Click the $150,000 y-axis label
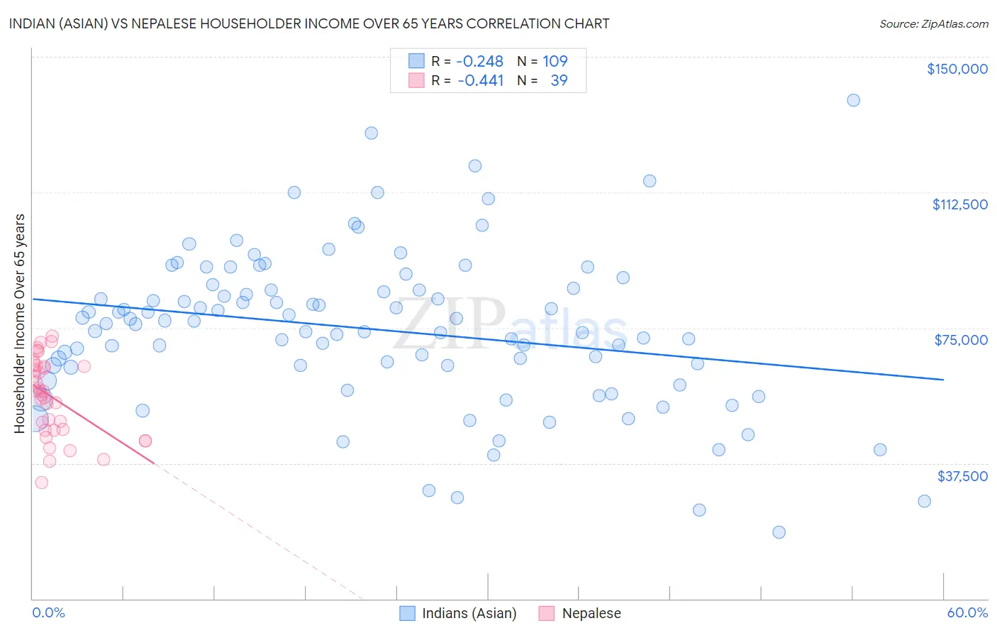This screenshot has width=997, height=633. [957, 69]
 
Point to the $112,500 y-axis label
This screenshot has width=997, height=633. [959, 204]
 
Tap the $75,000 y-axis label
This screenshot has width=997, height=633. [961, 340]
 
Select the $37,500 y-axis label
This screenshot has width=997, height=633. [962, 476]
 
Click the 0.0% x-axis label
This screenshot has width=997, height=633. [48, 612]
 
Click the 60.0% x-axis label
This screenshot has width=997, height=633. [967, 612]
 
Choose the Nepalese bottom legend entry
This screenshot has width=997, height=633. [590, 613]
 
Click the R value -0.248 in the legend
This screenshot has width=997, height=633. [479, 61]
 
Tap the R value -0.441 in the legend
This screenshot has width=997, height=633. [480, 80]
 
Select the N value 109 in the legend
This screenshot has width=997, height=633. [555, 61]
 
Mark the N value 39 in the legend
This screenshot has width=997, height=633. [559, 80]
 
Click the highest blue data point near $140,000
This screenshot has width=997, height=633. [853, 100]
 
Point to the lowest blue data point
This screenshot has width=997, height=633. [779, 532]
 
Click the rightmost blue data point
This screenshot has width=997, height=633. [924, 501]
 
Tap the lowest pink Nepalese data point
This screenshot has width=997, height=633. [41, 483]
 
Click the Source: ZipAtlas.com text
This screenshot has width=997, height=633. [933, 24]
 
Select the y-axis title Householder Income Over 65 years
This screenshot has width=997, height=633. [19, 323]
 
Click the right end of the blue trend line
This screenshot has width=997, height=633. [943, 380]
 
